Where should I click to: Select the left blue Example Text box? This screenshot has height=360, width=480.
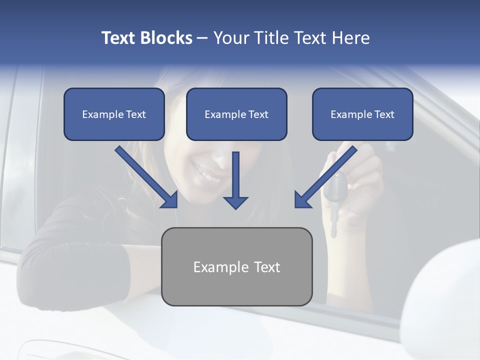coord(114,114)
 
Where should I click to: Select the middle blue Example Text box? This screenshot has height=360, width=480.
coord(236,114)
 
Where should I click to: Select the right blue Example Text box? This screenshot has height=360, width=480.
coord(362,114)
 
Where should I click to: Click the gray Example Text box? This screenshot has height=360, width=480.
coord(236,266)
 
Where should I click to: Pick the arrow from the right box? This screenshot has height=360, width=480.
coord(325,177)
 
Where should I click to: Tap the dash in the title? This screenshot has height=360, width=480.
coord(203,38)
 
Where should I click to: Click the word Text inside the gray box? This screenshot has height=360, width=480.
coord(266,267)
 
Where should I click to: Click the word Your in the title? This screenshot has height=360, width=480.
coord(231,38)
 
